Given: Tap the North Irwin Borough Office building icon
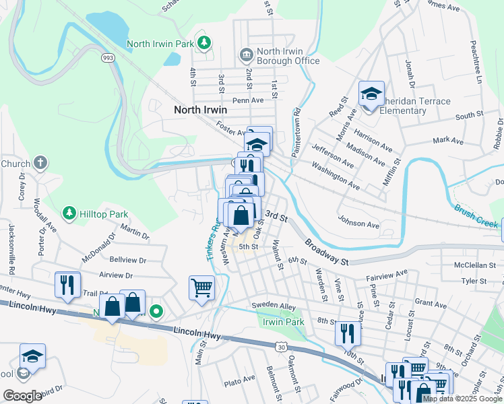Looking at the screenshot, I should coord(246,54).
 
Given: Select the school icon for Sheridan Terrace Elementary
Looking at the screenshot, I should coord(371,94).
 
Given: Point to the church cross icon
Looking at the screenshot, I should coord(41,163).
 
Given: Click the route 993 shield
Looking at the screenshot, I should coord(107,59).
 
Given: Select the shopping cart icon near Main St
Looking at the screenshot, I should coord(201,288).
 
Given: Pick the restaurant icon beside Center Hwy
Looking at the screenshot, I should coord(67,283).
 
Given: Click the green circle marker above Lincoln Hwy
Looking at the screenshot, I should coord(156,311).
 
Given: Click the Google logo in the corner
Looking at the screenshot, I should coord(22,396).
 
